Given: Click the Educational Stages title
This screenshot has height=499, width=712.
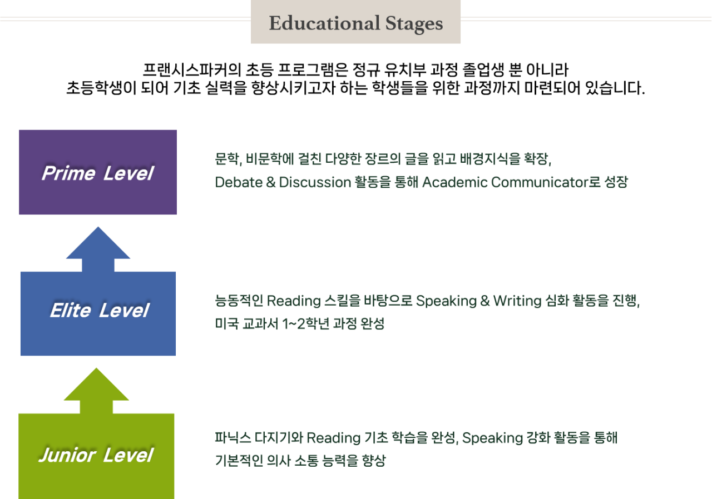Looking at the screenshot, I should point(355,23).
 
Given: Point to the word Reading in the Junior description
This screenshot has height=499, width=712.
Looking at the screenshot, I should point(333,438).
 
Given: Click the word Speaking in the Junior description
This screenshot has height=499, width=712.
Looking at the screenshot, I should point(491,438).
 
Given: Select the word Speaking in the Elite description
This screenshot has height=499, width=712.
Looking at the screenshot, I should point(445,301).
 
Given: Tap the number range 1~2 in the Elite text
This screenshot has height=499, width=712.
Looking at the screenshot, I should point(295,323).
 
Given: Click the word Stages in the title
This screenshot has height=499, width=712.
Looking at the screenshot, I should point(414,23).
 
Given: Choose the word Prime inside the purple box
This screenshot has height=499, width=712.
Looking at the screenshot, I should point(68,173).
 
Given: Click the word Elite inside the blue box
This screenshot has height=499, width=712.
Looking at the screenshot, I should point(70,310).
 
